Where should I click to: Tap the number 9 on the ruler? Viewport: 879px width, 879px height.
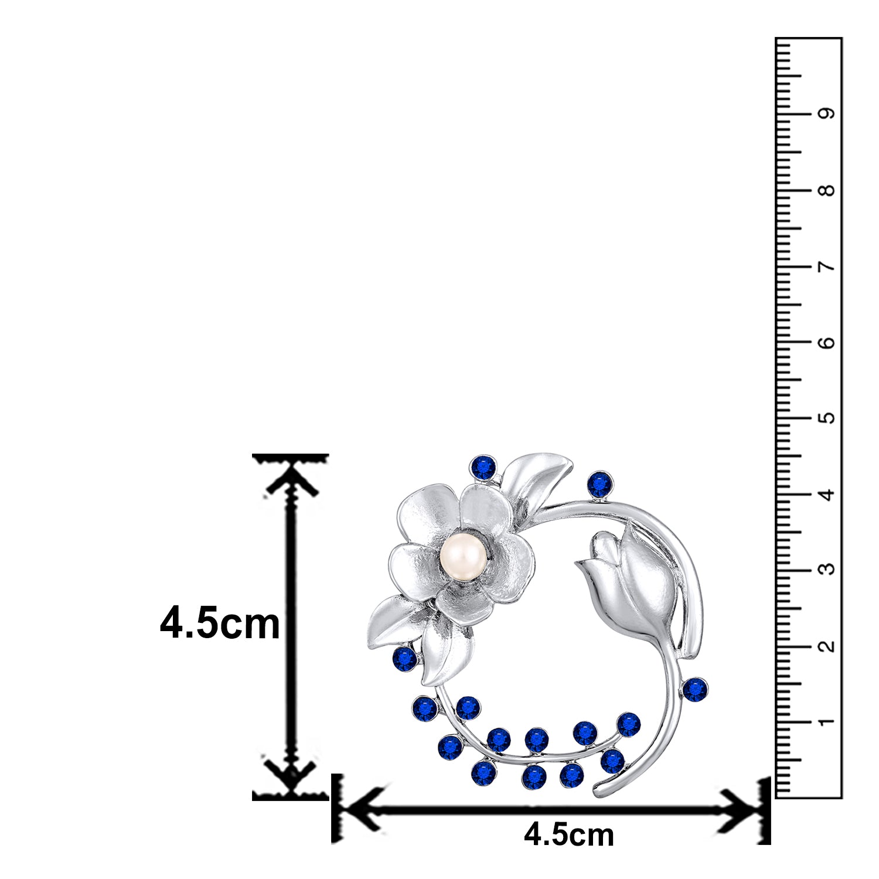point(827,114)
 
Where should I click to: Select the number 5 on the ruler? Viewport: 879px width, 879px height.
point(827,418)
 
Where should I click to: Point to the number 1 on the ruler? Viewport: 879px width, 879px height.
point(827,722)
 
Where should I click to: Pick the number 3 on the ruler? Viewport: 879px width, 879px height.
point(827,570)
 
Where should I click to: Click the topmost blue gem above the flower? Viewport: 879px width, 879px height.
point(483,468)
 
